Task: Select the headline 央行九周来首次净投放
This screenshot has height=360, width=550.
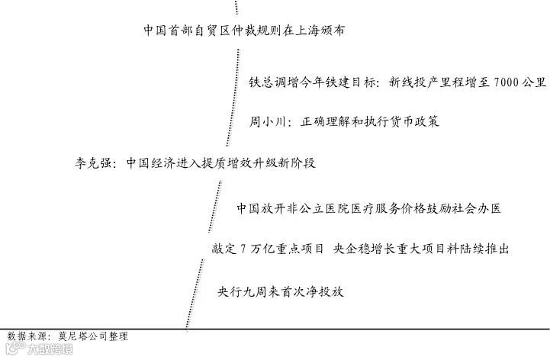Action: click(281, 291)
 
